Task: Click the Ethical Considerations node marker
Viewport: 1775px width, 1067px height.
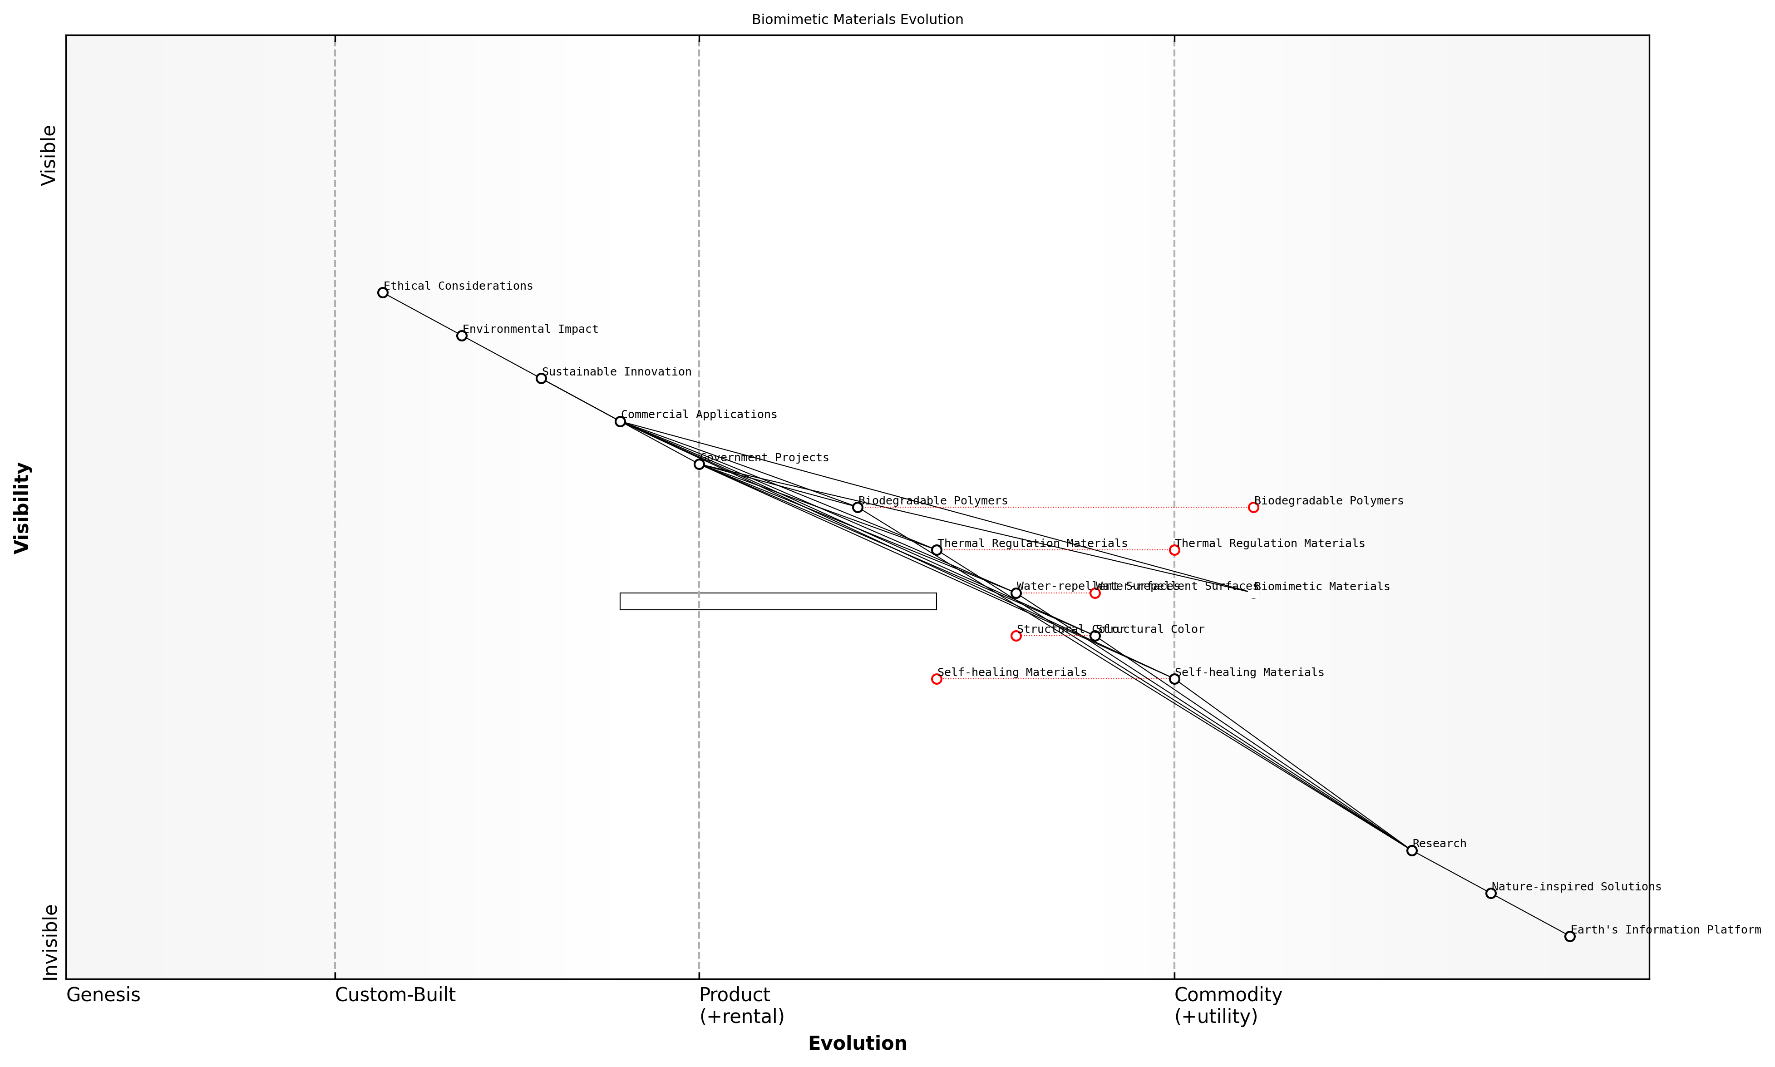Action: point(382,293)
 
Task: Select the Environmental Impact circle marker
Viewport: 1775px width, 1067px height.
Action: point(462,336)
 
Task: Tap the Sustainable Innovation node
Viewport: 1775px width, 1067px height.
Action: point(541,378)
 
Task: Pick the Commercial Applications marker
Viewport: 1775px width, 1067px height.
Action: point(620,421)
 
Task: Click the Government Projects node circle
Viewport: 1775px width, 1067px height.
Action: point(699,464)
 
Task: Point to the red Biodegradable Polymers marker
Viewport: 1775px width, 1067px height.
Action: point(1253,508)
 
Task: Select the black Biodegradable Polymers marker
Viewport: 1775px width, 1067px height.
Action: point(857,508)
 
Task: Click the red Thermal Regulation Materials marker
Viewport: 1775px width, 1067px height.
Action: point(1174,550)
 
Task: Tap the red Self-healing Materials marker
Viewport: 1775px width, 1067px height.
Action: point(936,679)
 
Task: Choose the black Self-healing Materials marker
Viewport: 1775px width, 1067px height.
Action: point(1174,679)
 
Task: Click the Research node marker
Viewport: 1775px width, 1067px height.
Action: point(1411,850)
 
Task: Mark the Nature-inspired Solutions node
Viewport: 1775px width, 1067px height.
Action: point(1490,893)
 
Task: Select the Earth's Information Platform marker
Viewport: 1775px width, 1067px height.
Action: point(1569,936)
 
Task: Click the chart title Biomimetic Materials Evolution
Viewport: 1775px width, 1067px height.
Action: point(857,20)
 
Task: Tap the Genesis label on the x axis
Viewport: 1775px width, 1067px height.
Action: point(103,995)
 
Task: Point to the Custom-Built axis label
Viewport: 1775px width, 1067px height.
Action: point(394,995)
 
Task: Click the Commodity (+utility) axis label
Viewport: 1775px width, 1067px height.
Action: point(1227,1005)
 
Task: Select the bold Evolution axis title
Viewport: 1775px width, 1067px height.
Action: point(857,1043)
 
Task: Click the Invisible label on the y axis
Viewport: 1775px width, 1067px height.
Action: point(49,942)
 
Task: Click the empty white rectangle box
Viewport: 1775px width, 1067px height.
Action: point(778,601)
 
